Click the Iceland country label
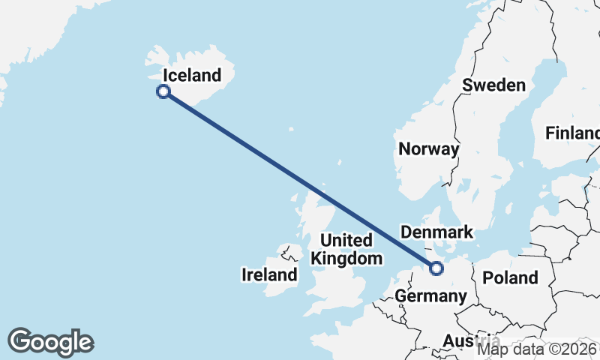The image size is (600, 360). click(192, 75)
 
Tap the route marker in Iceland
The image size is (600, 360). click(163, 91)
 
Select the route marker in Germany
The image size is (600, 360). click(436, 267)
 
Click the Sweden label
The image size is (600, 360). click(493, 85)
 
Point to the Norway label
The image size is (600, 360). click(428, 149)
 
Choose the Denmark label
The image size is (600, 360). click(437, 232)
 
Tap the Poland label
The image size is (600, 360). click(510, 277)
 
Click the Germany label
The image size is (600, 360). click(430, 296)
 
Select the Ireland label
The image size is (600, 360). click(269, 275)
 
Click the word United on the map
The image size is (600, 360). click(346, 241)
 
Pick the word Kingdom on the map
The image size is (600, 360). click(346, 259)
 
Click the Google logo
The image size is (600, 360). click(50, 341)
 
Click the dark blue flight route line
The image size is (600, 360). click(300, 180)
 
